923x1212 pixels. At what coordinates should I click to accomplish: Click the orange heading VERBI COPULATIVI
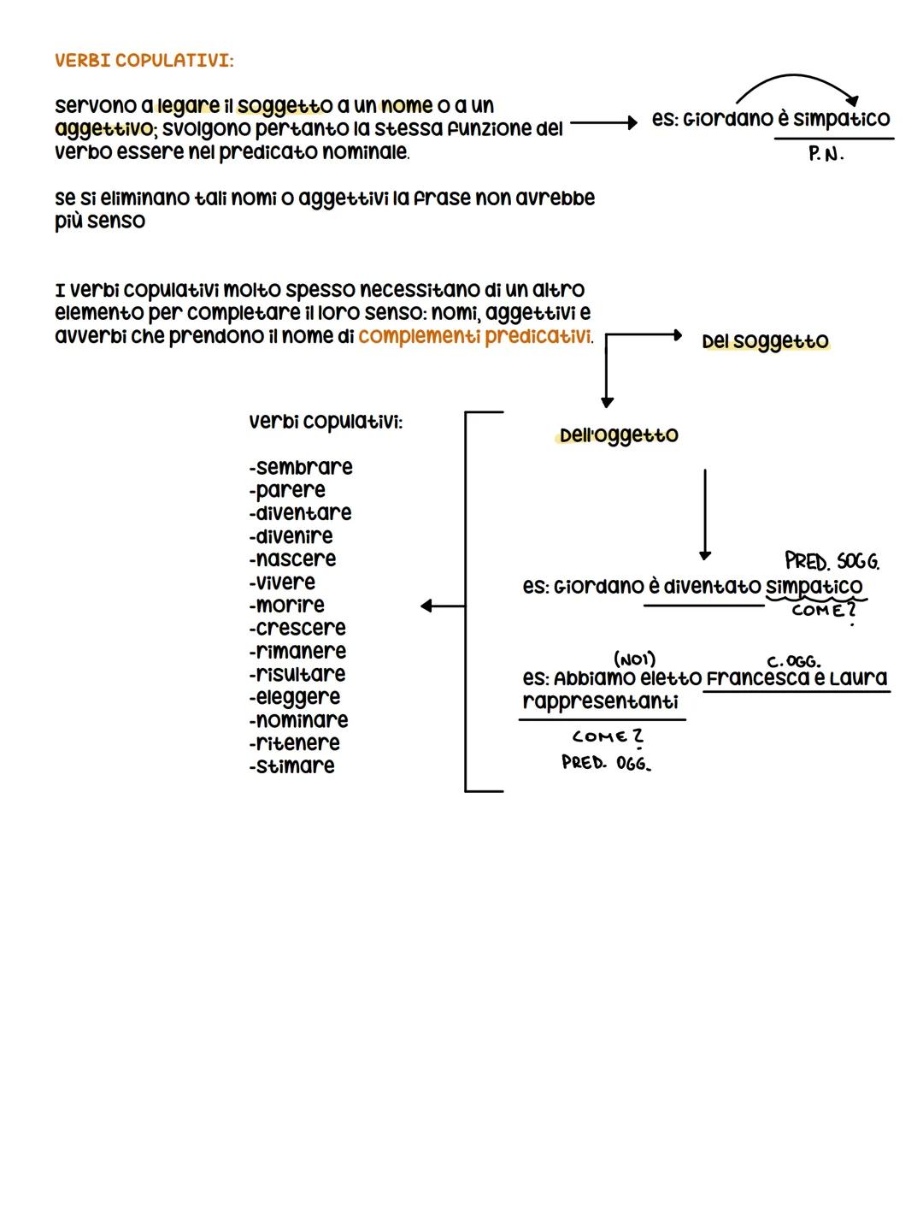coord(144,61)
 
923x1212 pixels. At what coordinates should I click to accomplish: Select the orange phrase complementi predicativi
coord(474,337)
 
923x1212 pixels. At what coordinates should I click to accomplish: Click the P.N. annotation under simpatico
coord(826,156)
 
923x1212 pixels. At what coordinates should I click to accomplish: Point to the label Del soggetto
coord(765,341)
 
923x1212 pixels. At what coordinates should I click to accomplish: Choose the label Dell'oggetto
coord(619,435)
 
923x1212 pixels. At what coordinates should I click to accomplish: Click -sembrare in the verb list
coord(301,468)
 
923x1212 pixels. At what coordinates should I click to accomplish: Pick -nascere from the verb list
coord(292,559)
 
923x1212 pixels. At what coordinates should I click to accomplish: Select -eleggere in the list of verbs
coord(295,697)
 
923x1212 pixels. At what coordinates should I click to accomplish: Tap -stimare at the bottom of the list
coord(291,766)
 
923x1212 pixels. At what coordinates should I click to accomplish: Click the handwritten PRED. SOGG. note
coord(832,562)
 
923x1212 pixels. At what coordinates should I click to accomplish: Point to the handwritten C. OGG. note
coord(794,661)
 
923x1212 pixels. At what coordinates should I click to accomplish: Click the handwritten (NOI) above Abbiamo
coord(634,659)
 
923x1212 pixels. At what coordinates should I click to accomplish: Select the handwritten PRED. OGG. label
coord(606,762)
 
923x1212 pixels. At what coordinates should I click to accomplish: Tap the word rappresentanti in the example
coord(600,702)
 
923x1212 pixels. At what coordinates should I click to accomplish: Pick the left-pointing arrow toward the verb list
coord(443,606)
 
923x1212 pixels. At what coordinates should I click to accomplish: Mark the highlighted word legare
coord(188,106)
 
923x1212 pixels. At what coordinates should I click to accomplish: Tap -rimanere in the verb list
coord(297,652)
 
